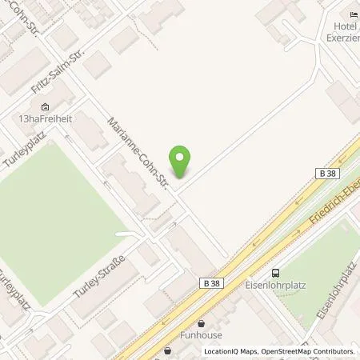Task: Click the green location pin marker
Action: click(182, 162)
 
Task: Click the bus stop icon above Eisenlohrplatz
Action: click(276, 273)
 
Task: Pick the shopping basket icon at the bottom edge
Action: click(167, 350)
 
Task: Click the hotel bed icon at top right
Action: click(354, 14)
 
